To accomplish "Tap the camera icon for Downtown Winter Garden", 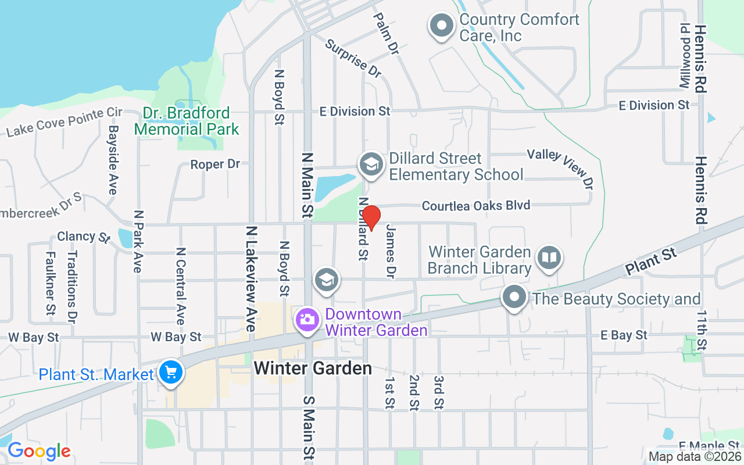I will (306, 320).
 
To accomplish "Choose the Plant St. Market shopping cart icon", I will (171, 373).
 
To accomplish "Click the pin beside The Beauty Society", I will (514, 298).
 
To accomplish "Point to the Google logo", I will (39, 451).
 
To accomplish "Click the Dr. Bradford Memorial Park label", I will (187, 121).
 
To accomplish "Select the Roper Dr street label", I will (215, 164).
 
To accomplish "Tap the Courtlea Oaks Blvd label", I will (476, 206).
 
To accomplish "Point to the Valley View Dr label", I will (561, 169).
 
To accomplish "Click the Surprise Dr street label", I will (353, 58).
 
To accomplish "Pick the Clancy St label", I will (84, 237).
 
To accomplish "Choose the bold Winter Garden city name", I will (313, 369).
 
